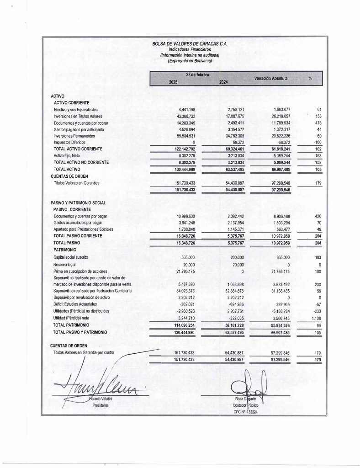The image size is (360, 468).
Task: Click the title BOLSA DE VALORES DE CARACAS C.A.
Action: (x=189, y=44)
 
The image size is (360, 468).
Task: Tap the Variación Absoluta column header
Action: (x=271, y=79)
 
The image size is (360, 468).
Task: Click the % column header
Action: (x=310, y=79)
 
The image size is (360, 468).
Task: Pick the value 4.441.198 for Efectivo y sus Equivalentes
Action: (x=186, y=110)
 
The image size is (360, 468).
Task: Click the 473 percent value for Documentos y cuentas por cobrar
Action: (x=319, y=123)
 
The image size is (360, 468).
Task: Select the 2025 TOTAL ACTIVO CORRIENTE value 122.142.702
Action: (x=184, y=149)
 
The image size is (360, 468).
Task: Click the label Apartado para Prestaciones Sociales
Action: (x=83, y=229)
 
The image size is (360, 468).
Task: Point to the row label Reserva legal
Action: (x=64, y=264)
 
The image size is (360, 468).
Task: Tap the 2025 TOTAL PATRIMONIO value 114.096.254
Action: (x=184, y=324)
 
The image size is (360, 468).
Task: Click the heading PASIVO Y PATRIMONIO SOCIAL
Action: (x=78, y=202)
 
